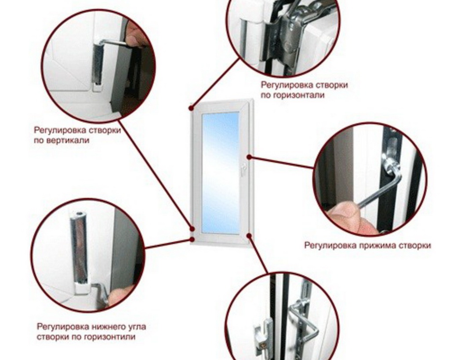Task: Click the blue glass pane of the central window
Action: tap(221, 173)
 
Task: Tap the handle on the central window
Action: tap(243, 169)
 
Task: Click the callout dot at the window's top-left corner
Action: tap(191, 108)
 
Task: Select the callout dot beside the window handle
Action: tap(249, 157)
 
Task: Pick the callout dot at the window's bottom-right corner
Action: tap(249, 236)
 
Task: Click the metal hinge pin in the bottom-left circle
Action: tap(79, 247)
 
